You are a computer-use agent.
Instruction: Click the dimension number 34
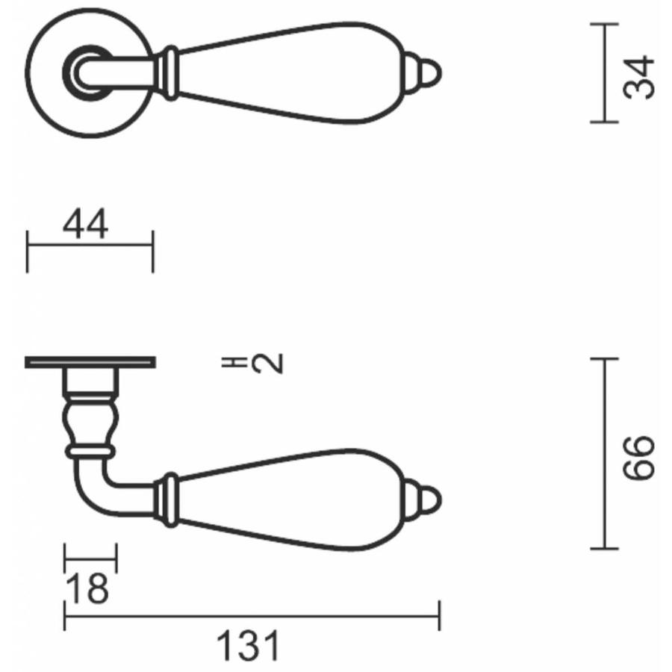pos(640,76)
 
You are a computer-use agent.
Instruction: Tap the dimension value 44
pos(86,225)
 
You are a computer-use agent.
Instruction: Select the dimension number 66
pos(640,458)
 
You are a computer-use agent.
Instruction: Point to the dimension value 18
pos(88,590)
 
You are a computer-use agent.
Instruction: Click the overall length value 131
pos(249,646)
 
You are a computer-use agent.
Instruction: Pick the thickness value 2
pos(267,364)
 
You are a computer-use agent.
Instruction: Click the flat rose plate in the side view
pos(90,363)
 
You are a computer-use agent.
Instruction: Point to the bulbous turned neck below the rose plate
pos(90,421)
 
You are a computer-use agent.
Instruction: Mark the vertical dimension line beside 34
pos(603,73)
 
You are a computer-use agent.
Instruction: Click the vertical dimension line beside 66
pos(603,454)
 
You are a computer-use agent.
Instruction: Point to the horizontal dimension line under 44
pos(90,243)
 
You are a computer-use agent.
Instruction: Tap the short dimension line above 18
pos(91,556)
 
